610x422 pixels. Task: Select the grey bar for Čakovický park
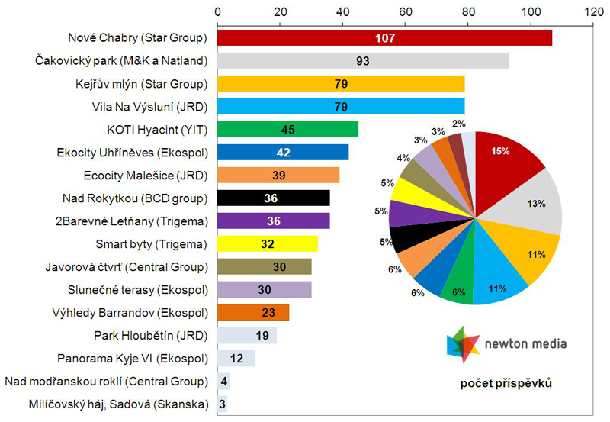[x=363, y=61]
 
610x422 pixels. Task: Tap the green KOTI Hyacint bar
[x=287, y=129]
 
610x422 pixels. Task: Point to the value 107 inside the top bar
[x=385, y=37]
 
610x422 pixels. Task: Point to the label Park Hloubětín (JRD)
[x=151, y=335]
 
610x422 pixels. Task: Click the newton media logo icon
[x=463, y=343]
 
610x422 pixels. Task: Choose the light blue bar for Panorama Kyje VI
[x=236, y=359]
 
